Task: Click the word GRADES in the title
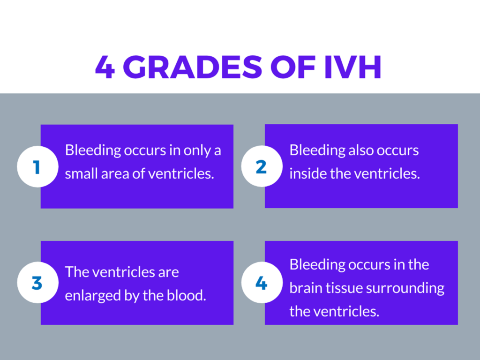[192, 67]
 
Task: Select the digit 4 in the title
[105, 67]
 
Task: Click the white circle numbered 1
[37, 166]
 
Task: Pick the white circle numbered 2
[262, 166]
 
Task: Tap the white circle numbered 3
[37, 283]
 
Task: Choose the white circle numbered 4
[262, 283]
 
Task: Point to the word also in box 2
[361, 150]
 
